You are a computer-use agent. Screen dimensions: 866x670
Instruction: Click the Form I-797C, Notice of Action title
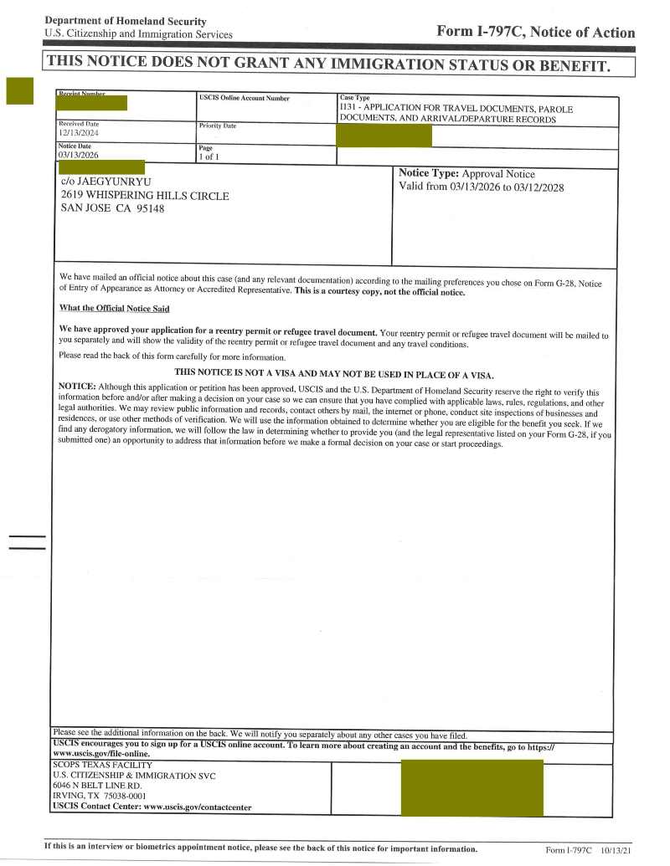[x=535, y=32]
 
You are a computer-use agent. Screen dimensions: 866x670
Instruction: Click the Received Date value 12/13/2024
[x=78, y=133]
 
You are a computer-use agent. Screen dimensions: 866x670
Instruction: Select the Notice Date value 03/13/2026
[x=78, y=155]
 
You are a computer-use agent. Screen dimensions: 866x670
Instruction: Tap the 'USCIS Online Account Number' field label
[x=244, y=99]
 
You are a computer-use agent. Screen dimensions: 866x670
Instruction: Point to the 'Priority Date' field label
[x=217, y=126]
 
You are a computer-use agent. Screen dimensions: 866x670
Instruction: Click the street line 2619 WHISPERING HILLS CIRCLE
[x=145, y=195]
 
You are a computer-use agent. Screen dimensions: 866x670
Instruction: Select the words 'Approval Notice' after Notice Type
[x=498, y=174]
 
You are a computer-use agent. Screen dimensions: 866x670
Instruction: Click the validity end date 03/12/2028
[x=537, y=187]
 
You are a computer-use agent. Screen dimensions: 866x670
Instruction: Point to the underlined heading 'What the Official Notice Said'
[x=114, y=309]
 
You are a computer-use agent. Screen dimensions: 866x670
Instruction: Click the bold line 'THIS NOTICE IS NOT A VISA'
[x=334, y=374]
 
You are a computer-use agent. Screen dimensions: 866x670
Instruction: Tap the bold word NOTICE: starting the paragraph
[x=77, y=386]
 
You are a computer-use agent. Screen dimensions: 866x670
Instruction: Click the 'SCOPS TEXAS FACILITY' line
[x=102, y=765]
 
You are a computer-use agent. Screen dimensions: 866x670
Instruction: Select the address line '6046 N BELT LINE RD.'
[x=97, y=786]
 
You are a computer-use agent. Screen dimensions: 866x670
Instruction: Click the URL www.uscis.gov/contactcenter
[x=198, y=807]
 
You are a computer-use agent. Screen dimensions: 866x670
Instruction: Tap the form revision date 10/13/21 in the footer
[x=618, y=850]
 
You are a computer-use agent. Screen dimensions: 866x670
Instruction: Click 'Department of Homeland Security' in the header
[x=126, y=21]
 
